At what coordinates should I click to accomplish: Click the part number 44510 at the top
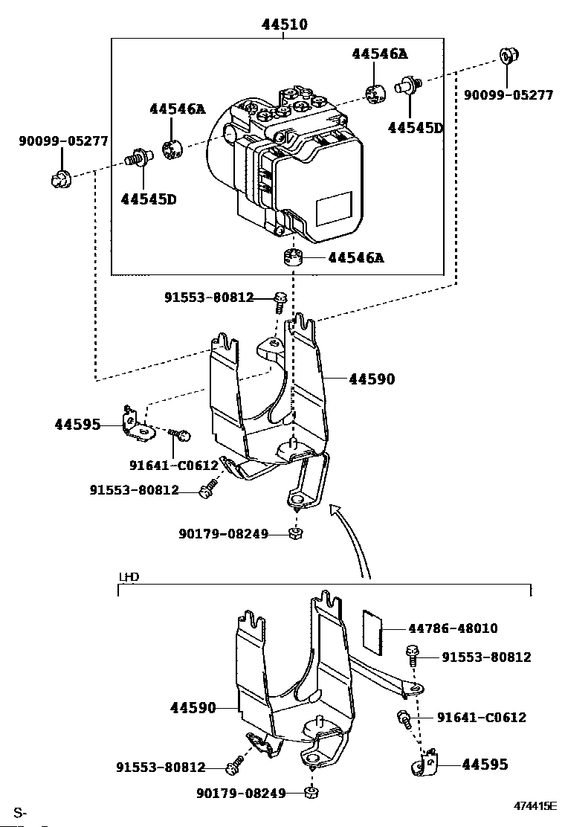(285, 25)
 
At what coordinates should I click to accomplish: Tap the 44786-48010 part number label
(453, 628)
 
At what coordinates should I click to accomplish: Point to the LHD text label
(129, 577)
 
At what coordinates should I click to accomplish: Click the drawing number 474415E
(535, 805)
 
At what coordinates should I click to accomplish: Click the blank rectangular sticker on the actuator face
(334, 207)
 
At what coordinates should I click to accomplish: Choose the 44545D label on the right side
(415, 128)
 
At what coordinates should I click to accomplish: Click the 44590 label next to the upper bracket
(372, 379)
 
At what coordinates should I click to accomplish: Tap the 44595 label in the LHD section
(485, 765)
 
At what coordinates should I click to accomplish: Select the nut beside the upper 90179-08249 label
(296, 534)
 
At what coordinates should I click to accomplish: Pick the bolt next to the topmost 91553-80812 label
(280, 302)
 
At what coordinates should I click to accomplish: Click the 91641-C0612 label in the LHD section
(481, 717)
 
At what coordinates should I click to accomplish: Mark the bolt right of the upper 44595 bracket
(181, 434)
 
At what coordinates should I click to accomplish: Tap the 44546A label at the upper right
(379, 54)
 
